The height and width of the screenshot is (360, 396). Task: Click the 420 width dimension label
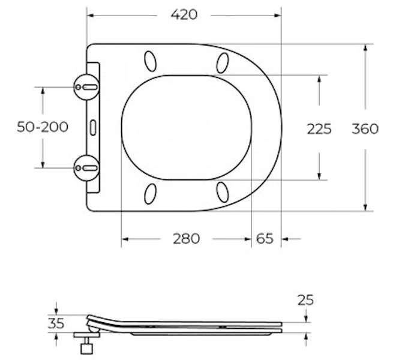[x=184, y=14]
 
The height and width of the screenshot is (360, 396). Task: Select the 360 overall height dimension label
[x=365, y=128]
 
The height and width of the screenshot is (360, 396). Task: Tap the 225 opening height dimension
[x=319, y=129]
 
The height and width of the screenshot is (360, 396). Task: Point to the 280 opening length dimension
[x=186, y=239]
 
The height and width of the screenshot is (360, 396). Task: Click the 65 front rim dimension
[x=265, y=239]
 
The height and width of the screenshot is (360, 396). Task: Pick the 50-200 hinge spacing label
[x=43, y=127]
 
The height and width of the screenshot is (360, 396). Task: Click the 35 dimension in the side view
[x=56, y=323]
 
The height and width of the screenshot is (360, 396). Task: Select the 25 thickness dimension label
[x=305, y=300]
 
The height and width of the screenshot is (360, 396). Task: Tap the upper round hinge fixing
[x=86, y=87]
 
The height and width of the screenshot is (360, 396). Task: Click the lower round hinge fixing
[x=86, y=168]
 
